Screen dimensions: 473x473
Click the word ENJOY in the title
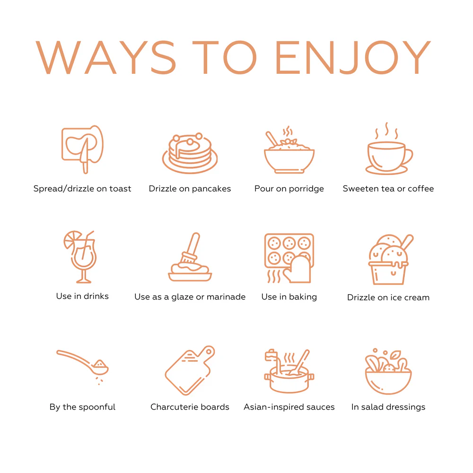(353, 57)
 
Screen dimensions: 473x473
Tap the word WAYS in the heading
(105, 57)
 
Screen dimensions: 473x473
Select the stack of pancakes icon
(190, 153)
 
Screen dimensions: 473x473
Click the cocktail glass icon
(80, 257)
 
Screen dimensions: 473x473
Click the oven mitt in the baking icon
(298, 269)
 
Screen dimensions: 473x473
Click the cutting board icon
(190, 370)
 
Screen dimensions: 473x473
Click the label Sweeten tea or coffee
(388, 189)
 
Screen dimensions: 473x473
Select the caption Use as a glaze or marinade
(190, 297)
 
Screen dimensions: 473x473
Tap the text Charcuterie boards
(190, 407)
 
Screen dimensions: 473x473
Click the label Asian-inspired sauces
(289, 407)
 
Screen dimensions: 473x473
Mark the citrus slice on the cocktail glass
(72, 239)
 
